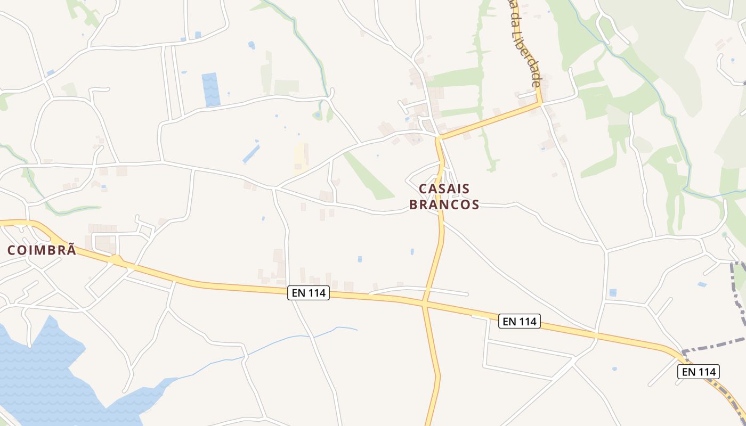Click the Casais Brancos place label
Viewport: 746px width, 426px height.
click(x=444, y=196)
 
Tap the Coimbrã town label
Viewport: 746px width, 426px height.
click(x=42, y=250)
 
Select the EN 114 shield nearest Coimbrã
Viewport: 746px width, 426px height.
click(x=309, y=293)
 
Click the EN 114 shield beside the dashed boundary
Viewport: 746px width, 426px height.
click(x=699, y=372)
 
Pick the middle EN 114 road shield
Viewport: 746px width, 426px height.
click(x=520, y=321)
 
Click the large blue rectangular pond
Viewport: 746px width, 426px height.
click(x=210, y=89)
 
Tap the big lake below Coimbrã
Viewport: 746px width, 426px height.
click(x=43, y=373)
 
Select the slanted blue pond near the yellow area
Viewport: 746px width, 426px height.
click(x=251, y=153)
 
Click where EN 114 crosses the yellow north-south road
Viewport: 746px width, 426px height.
click(x=425, y=304)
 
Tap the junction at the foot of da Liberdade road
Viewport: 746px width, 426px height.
click(x=540, y=103)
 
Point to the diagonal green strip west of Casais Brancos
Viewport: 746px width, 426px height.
click(x=368, y=176)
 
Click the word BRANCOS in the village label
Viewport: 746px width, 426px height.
click(x=444, y=204)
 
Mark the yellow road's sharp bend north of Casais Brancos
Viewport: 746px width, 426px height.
click(x=439, y=140)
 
